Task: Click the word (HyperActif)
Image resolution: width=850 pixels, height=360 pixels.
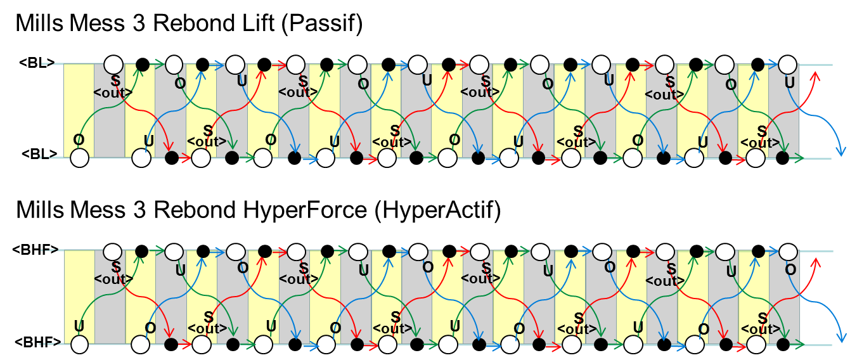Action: pyautogui.click(x=438, y=210)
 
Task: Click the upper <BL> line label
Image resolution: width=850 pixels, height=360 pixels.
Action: pyautogui.click(x=37, y=63)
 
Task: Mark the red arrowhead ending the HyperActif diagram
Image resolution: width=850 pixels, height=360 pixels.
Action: pyautogui.click(x=816, y=262)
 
